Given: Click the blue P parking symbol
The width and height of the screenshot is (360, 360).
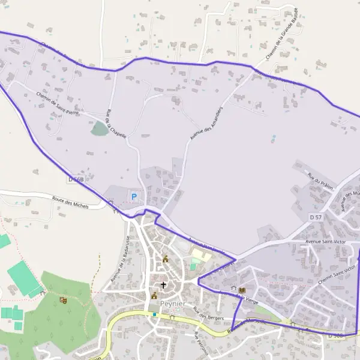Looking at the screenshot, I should pos(134,196).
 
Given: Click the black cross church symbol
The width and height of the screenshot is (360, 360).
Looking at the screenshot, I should pos(164,285).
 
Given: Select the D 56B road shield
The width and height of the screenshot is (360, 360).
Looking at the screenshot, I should pos(76,179).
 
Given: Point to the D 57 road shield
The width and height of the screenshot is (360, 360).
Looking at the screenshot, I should pos(316,216).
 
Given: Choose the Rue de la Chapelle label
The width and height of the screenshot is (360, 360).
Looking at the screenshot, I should pos(116,124).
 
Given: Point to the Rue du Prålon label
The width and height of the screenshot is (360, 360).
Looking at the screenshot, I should pos(319,179).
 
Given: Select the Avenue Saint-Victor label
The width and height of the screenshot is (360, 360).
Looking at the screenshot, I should pos(326,241).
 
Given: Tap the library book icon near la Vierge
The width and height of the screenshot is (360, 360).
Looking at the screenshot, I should pos(242,290).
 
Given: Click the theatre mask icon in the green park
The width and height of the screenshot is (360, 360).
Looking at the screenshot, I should pos(63,300).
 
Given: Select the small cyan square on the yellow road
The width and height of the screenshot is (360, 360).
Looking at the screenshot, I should pos(154,314).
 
